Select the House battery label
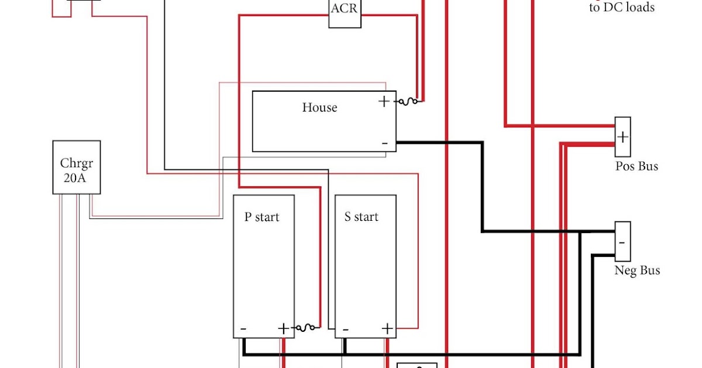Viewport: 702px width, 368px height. (x=319, y=107)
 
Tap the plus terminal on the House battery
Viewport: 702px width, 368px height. (x=384, y=102)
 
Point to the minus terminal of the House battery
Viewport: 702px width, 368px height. (x=384, y=143)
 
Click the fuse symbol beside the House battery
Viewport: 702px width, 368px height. (x=408, y=102)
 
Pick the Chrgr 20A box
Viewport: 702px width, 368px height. (x=76, y=167)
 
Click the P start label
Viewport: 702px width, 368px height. (x=261, y=217)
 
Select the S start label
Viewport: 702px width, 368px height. (x=361, y=217)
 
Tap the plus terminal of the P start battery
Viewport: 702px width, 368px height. (x=284, y=328)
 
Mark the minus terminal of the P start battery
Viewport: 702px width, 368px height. (x=243, y=329)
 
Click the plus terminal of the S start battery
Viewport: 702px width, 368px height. (x=386, y=328)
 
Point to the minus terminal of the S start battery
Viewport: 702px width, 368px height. (x=346, y=329)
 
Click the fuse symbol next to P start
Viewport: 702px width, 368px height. (x=307, y=328)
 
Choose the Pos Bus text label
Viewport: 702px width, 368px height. (x=636, y=166)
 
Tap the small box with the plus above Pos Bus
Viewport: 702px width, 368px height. (x=622, y=137)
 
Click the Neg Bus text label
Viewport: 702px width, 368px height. (x=637, y=270)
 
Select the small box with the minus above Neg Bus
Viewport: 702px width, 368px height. (x=622, y=241)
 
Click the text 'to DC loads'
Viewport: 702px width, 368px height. (x=621, y=8)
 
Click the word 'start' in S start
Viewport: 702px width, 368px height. (x=366, y=217)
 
